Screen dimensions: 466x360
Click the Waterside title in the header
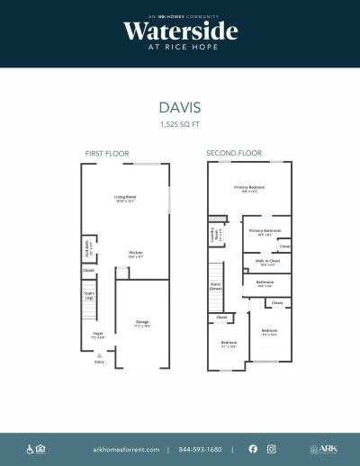[x=180, y=31]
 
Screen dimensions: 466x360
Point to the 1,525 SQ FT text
[x=180, y=123]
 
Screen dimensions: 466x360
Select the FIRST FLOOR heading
[x=108, y=154]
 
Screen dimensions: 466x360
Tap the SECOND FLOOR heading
[x=234, y=154]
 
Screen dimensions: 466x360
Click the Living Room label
[x=124, y=197]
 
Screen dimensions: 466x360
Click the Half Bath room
[x=88, y=243]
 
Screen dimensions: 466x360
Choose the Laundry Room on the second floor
[x=216, y=237]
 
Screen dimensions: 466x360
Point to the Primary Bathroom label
[x=261, y=231]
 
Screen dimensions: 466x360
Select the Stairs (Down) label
[x=216, y=287]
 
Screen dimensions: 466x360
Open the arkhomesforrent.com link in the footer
[x=126, y=448]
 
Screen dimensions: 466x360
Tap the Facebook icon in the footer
[x=252, y=448]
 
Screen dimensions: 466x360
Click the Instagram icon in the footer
[x=271, y=448]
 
